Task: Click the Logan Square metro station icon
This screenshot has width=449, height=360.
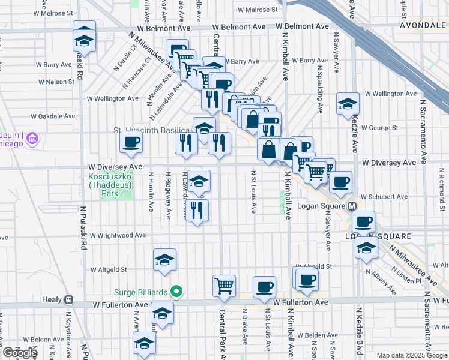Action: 353,206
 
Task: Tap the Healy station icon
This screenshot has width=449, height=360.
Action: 69,299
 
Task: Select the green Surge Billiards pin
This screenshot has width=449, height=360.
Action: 176,292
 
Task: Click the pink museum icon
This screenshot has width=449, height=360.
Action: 32,139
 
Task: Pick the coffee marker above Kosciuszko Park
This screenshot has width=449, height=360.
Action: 131,143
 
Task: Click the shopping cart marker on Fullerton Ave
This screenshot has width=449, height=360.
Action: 224,286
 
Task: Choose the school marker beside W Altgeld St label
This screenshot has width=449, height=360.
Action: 164,259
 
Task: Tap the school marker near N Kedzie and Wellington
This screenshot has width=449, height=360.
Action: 348,104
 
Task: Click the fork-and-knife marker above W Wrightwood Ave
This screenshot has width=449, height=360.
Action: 197,210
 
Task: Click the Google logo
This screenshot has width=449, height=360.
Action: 20,353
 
